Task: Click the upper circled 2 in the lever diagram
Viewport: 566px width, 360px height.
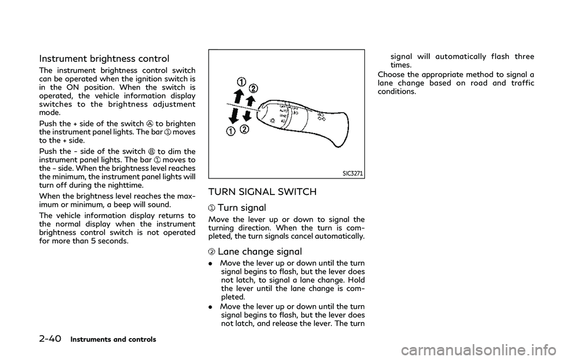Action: click(x=254, y=88)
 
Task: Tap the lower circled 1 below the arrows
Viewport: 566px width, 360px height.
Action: click(x=230, y=131)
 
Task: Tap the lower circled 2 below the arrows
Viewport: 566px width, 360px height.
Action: click(x=243, y=129)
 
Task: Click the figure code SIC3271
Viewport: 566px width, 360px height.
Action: click(x=353, y=173)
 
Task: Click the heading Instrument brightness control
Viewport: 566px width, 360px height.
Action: click(x=104, y=58)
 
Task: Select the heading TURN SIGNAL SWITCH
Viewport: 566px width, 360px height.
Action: click(x=262, y=191)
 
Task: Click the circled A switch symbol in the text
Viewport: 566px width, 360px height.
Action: click(x=149, y=124)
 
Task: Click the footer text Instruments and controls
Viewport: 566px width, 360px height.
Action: click(x=113, y=339)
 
